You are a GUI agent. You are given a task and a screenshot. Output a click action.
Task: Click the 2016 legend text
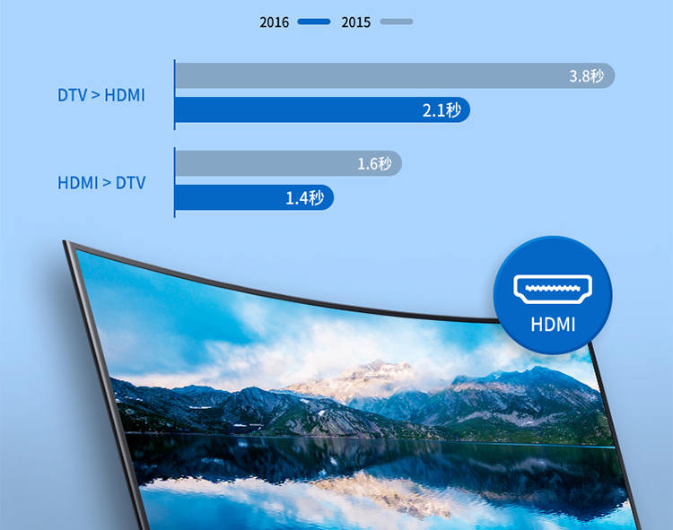click(x=274, y=22)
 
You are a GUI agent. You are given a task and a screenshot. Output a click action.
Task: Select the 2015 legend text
click(x=356, y=22)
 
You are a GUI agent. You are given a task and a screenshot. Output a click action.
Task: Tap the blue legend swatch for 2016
click(x=314, y=22)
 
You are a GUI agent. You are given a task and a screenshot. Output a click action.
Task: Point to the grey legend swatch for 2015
click(x=397, y=22)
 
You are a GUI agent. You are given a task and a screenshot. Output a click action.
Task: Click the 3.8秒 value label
click(x=586, y=76)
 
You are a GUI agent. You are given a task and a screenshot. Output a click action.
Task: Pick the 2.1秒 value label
click(x=441, y=110)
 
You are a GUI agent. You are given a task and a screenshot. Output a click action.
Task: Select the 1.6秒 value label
click(x=375, y=163)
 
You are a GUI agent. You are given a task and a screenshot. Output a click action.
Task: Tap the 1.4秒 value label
click(x=305, y=197)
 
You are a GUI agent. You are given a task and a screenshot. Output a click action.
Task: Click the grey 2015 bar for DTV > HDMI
click(x=395, y=76)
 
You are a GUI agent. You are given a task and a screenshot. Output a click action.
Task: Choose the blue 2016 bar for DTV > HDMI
click(x=322, y=109)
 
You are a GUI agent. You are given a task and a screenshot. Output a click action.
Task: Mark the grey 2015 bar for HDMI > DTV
click(x=288, y=163)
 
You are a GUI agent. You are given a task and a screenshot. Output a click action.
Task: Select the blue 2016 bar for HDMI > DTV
click(x=255, y=197)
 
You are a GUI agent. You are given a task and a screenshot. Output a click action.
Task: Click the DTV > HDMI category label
click(x=101, y=95)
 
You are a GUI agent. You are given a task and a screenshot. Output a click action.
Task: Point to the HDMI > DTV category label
click(x=101, y=183)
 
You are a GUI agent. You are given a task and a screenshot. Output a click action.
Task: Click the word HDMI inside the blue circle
click(x=553, y=325)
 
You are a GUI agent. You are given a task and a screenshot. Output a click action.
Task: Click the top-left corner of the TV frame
click(x=64, y=241)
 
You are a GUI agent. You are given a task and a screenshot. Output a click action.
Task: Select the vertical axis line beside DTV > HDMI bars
click(x=175, y=95)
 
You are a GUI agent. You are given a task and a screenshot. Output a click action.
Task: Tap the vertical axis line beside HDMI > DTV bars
click(x=175, y=182)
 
